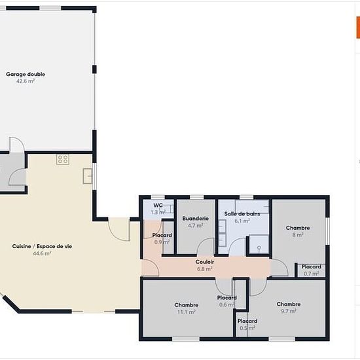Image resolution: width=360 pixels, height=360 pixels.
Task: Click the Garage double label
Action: (x=26, y=74)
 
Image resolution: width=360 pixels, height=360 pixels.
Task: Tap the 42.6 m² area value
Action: (x=26, y=81)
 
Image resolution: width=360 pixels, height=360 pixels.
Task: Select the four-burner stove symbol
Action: (x=63, y=159)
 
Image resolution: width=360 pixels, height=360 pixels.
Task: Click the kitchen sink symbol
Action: (x=88, y=176)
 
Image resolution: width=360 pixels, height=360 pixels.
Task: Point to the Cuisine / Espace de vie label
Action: (x=42, y=246)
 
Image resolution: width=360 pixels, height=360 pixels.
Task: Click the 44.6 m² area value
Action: (x=42, y=253)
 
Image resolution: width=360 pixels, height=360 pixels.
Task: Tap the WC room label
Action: (x=158, y=205)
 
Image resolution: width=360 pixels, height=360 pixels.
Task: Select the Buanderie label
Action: (x=196, y=219)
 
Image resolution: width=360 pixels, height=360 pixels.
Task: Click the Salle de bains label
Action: (x=242, y=214)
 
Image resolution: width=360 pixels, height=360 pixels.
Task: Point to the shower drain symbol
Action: (x=259, y=248)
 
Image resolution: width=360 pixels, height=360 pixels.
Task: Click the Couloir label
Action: (x=205, y=262)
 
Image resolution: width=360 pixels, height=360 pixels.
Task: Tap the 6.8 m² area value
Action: (x=205, y=268)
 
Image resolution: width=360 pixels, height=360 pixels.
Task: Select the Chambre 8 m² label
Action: (x=298, y=228)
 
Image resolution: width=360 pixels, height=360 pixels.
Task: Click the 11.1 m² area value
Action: (x=186, y=312)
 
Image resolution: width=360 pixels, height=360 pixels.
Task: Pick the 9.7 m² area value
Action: (x=289, y=311)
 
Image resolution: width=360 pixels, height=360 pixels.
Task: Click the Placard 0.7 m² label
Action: (x=311, y=266)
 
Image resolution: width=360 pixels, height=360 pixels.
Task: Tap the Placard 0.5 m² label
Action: (x=247, y=321)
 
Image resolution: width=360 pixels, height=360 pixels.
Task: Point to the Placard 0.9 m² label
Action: (x=162, y=235)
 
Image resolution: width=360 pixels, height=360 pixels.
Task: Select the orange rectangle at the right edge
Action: (x=358, y=27)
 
